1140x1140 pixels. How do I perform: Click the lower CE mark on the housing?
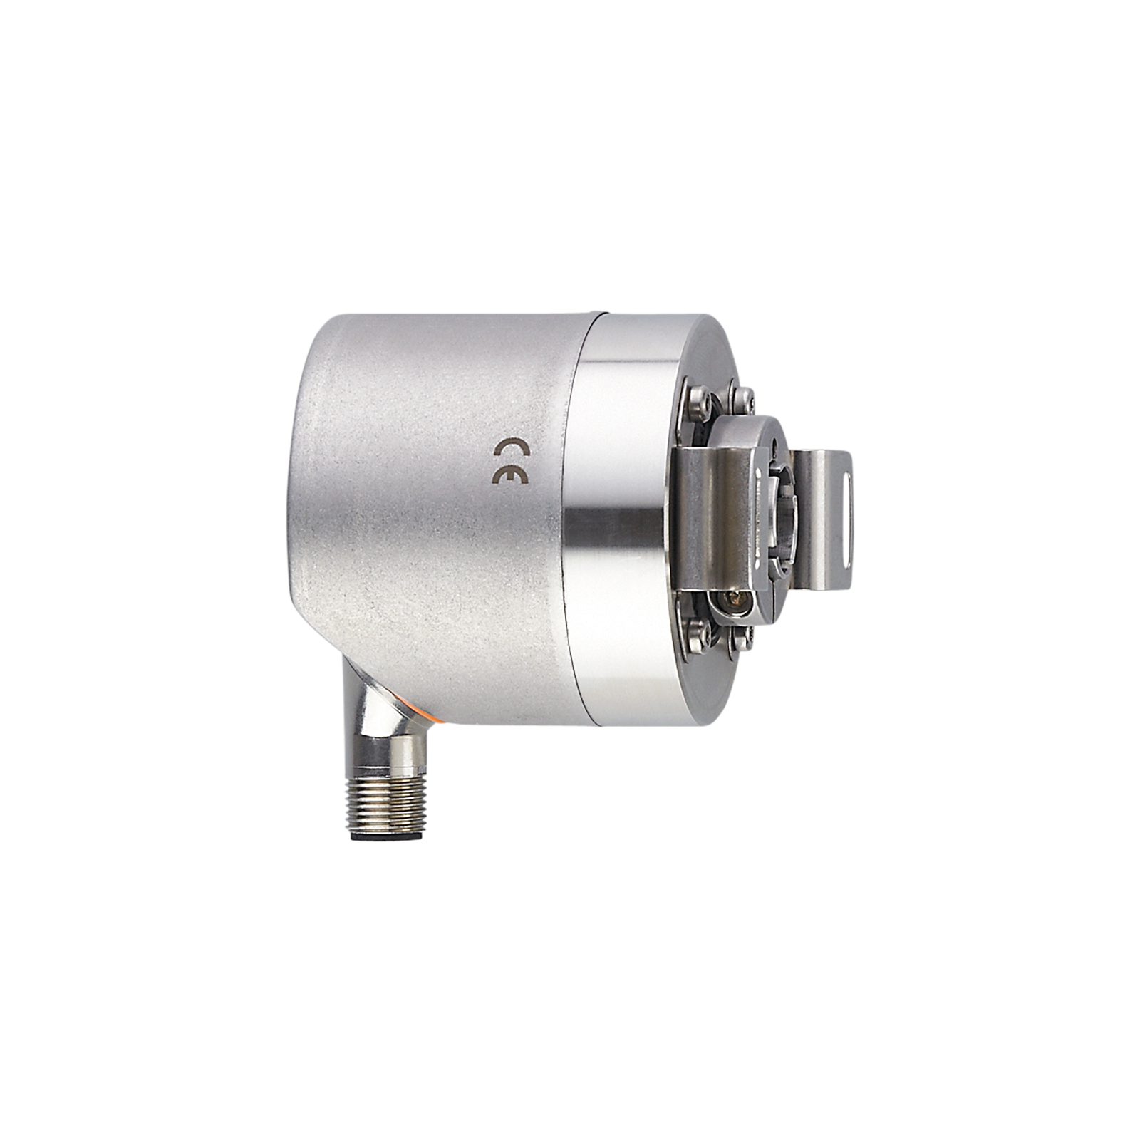[x=510, y=477]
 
